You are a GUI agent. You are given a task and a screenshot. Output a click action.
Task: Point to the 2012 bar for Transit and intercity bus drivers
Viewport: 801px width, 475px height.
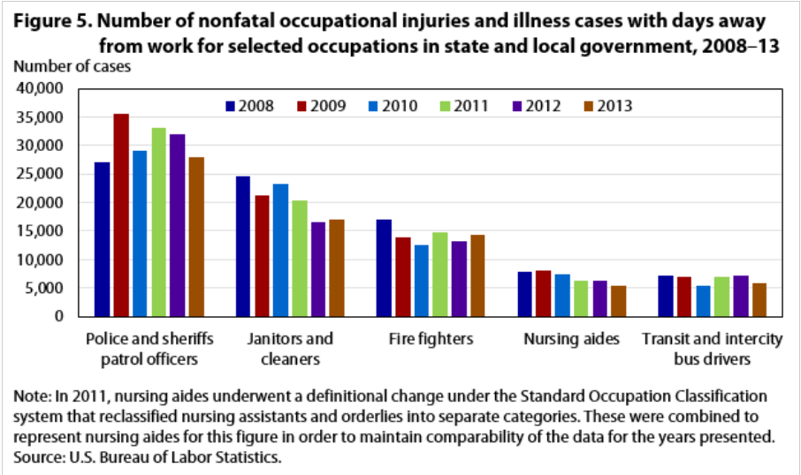point(741,295)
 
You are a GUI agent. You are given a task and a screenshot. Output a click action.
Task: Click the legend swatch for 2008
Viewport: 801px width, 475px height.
point(231,107)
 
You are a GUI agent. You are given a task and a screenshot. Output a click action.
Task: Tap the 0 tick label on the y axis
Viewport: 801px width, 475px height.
point(61,316)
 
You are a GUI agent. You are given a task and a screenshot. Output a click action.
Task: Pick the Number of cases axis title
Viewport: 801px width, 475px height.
point(72,64)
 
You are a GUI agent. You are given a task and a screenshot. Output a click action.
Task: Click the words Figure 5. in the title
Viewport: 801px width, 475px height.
point(43,20)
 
